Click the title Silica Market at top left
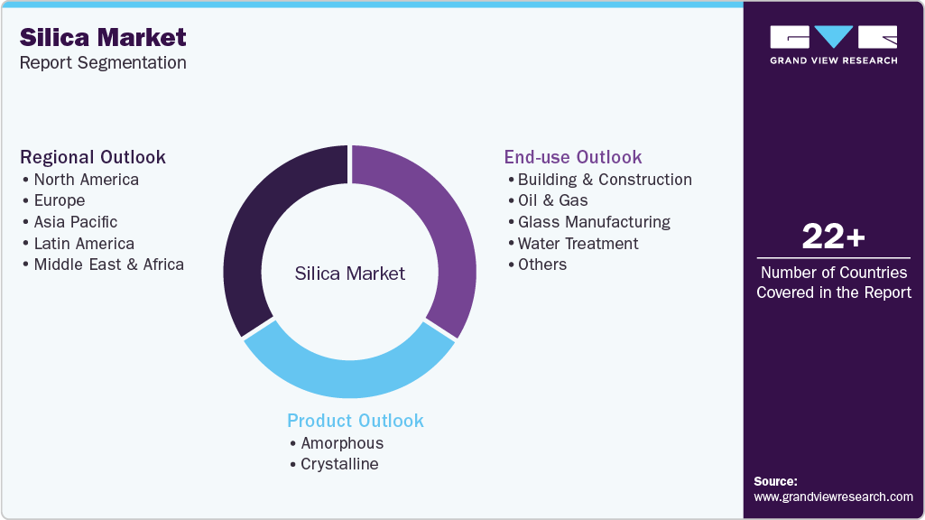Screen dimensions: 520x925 tap(103, 37)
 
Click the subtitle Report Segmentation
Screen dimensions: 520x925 tap(103, 62)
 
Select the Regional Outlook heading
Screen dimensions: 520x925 tap(93, 157)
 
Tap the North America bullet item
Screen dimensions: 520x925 tap(86, 180)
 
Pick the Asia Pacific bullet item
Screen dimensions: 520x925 tap(75, 222)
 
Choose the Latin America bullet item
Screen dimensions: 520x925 tap(83, 244)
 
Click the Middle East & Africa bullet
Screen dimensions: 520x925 tap(108, 265)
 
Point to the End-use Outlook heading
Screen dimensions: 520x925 tap(573, 157)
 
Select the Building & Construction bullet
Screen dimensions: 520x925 tap(605, 180)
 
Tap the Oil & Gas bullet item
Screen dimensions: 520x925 tap(552, 200)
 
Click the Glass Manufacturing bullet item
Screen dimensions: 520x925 tap(594, 222)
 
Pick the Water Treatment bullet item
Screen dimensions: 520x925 tap(578, 244)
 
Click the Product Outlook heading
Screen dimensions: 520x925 tap(356, 421)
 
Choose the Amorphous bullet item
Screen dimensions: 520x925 tap(342, 443)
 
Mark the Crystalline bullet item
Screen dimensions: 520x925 tap(339, 464)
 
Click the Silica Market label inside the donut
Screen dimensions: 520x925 tap(350, 274)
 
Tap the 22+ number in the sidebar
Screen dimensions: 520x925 tap(833, 237)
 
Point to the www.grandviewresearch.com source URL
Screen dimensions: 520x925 tap(833, 497)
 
